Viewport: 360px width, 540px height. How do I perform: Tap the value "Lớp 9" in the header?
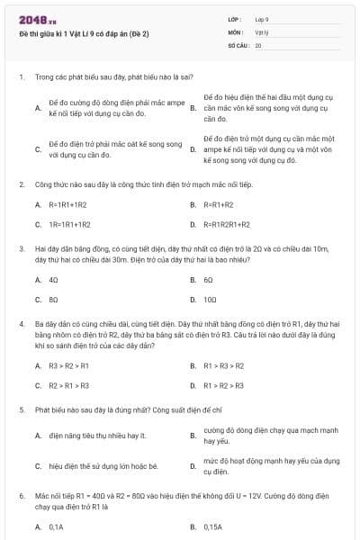point(262,19)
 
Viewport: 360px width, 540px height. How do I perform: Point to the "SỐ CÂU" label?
point(237,44)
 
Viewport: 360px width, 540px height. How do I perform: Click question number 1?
point(21,77)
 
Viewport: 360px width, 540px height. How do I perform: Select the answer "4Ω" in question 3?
point(54,279)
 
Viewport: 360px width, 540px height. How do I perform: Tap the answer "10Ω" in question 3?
point(210,299)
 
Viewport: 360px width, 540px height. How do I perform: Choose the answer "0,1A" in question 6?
point(56,526)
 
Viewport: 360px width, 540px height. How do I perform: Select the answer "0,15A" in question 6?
point(212,526)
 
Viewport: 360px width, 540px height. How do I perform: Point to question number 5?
point(21,409)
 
